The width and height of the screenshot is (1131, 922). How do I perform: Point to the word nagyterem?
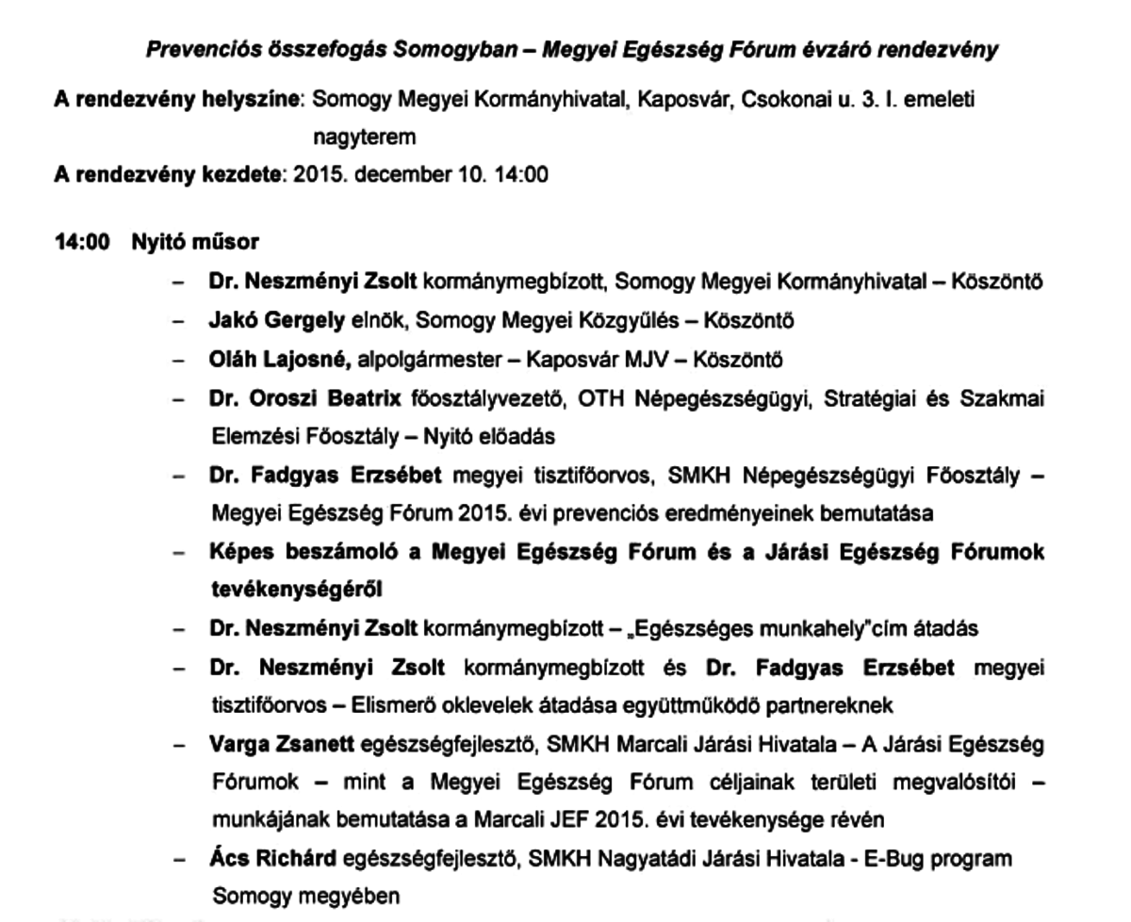pyautogui.click(x=364, y=137)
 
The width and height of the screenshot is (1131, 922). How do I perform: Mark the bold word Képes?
pyautogui.click(x=241, y=553)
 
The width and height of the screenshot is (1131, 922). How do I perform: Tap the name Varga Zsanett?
pyautogui.click(x=280, y=746)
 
